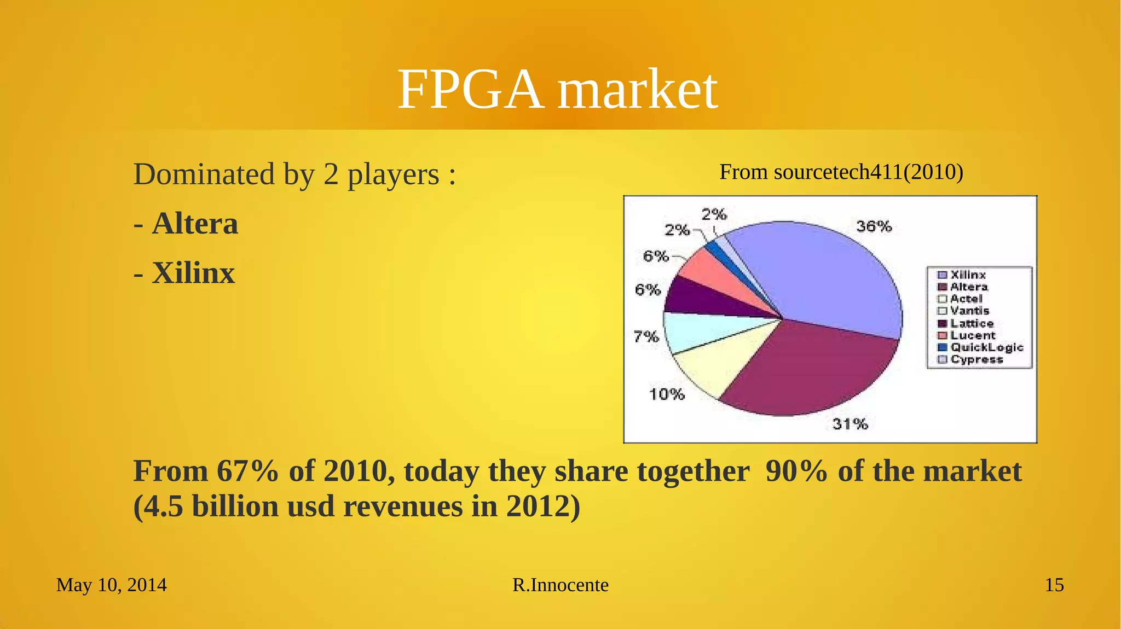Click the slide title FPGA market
coord(557,89)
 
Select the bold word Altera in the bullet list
coord(195,224)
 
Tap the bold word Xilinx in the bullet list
coord(193,273)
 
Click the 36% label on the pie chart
coord(874,226)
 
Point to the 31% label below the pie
coord(850,423)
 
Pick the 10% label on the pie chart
coord(667,394)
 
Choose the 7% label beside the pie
coord(646,336)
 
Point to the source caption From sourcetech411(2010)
coord(841,172)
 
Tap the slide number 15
coord(1054,585)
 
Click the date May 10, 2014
coord(112,585)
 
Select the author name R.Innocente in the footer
coord(560,585)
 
